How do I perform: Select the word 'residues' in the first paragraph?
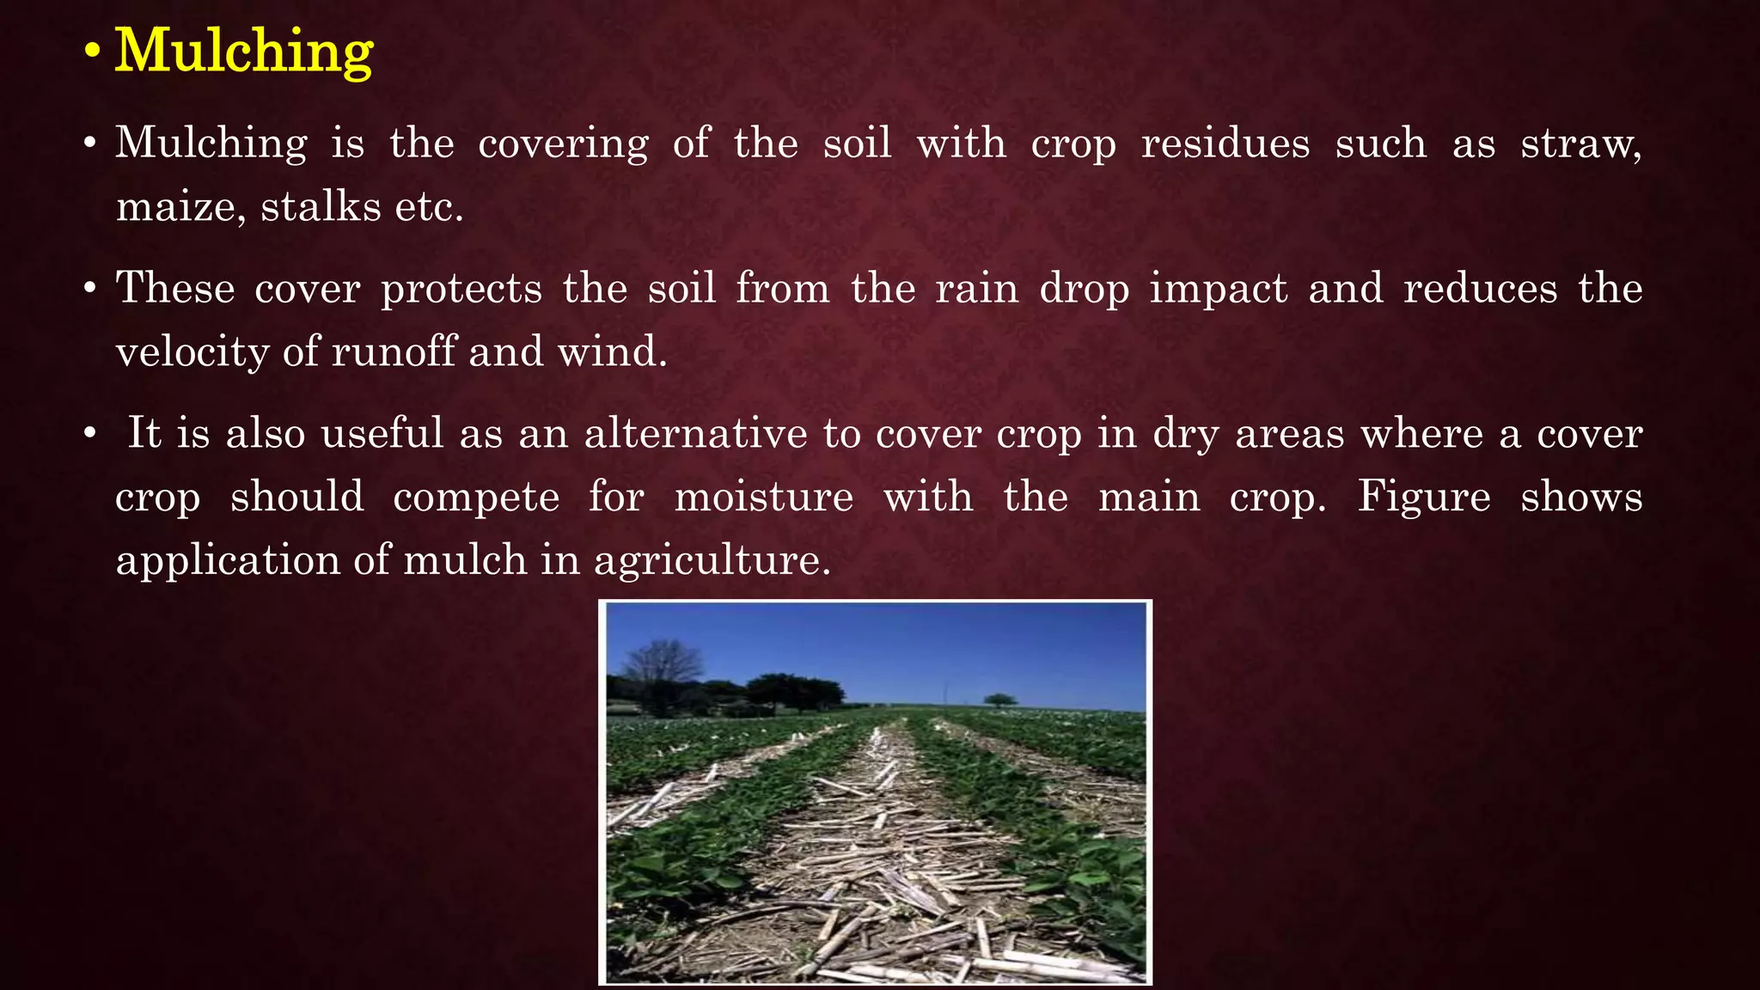pos(1225,143)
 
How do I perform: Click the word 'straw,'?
pos(1581,143)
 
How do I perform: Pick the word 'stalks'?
pos(321,206)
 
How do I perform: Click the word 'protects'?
pos(461,289)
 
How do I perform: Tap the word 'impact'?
pos(1219,289)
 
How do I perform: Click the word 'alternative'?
pos(695,433)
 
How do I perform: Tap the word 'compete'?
pos(476,498)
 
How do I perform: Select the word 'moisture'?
pos(764,497)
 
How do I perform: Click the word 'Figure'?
pos(1424,497)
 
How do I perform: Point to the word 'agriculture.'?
pos(712,561)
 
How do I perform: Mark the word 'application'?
pos(228,561)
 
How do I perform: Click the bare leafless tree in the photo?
pos(660,675)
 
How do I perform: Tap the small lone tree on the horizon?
pos(999,700)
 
